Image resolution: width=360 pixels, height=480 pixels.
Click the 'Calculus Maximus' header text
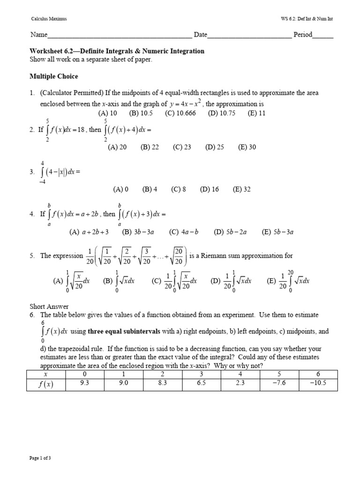[x=49, y=19]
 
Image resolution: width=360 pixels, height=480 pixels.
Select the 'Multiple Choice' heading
[x=54, y=76]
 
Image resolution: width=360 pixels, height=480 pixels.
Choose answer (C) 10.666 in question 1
[x=180, y=113]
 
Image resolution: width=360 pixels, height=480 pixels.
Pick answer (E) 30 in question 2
[x=247, y=147]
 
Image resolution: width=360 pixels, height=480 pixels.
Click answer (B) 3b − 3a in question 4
[x=138, y=232]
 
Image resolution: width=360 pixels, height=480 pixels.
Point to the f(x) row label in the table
[x=46, y=384]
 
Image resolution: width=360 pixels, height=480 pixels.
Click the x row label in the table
[x=46, y=374]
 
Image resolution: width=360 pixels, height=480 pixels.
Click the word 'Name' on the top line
[x=39, y=35]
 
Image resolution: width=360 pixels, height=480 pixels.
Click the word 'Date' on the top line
[x=201, y=35]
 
